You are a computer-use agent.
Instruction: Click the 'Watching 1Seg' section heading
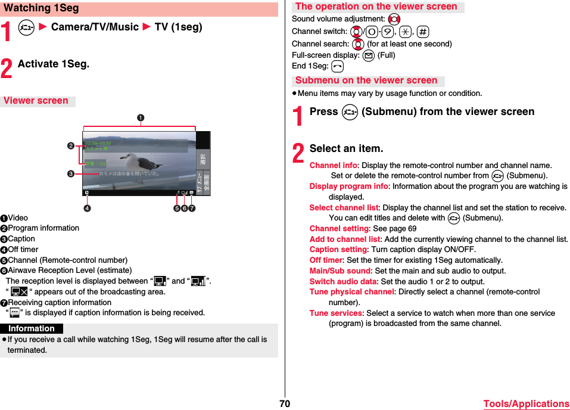(x=42, y=8)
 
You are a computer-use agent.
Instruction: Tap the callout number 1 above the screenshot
(x=141, y=117)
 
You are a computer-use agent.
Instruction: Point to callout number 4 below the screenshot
(x=87, y=208)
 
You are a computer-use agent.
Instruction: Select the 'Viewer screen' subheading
(x=36, y=101)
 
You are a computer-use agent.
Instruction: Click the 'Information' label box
(x=32, y=328)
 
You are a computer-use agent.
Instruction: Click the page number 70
(x=285, y=403)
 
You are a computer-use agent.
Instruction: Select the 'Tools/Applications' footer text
(x=526, y=403)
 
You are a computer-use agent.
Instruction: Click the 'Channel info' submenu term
(x=334, y=165)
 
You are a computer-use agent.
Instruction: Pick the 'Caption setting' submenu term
(x=338, y=250)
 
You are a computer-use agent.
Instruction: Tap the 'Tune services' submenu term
(x=335, y=313)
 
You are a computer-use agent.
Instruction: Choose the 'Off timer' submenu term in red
(x=326, y=260)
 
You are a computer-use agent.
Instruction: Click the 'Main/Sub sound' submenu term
(x=340, y=271)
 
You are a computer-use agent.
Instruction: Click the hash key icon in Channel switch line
(x=423, y=32)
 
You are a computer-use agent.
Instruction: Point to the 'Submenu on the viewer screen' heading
(x=366, y=80)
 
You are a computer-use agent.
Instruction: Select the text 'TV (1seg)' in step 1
(x=178, y=27)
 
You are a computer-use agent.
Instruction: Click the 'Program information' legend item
(x=43, y=228)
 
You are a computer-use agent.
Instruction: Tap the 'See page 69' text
(x=394, y=229)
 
